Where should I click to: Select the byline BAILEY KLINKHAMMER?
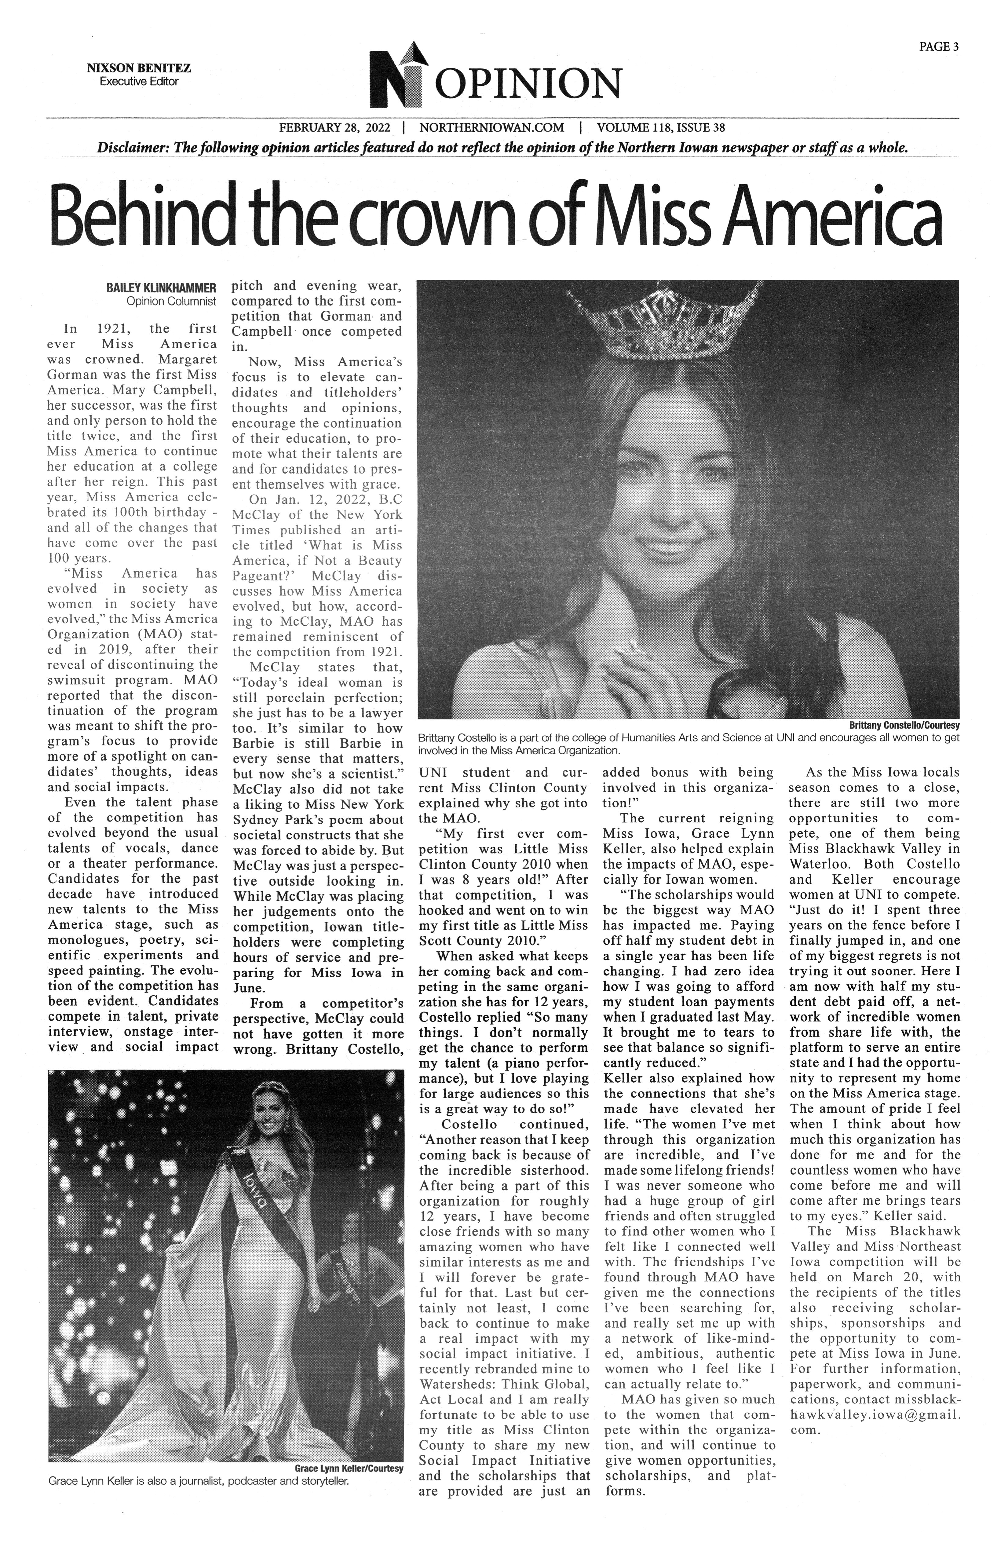pos(161,288)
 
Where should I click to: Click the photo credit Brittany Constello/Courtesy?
pos(903,726)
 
